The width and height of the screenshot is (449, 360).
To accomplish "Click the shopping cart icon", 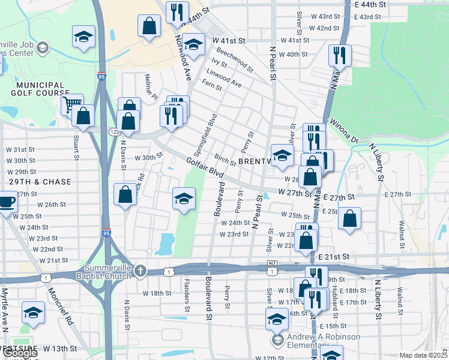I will (x=71, y=106).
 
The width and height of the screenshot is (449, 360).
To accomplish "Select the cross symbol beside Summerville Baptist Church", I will (x=140, y=271).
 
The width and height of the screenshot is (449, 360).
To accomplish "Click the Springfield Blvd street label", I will (x=203, y=131).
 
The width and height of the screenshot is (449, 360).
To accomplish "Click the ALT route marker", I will (x=272, y=263).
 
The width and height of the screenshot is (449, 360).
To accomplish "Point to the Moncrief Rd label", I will (x=67, y=310).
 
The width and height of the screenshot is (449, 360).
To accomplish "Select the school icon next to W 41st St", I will (x=193, y=44).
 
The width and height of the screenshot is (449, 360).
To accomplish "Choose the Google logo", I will (x=20, y=353).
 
